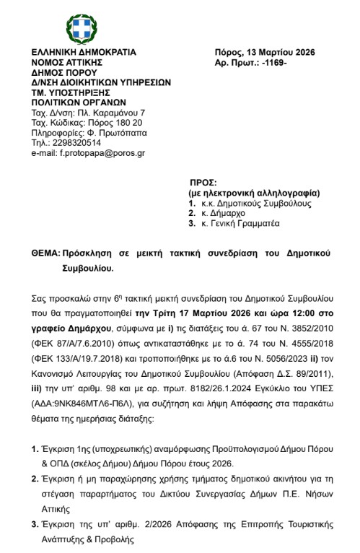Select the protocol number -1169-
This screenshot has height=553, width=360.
(x=271, y=63)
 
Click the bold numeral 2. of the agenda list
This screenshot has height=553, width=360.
(x=35, y=478)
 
